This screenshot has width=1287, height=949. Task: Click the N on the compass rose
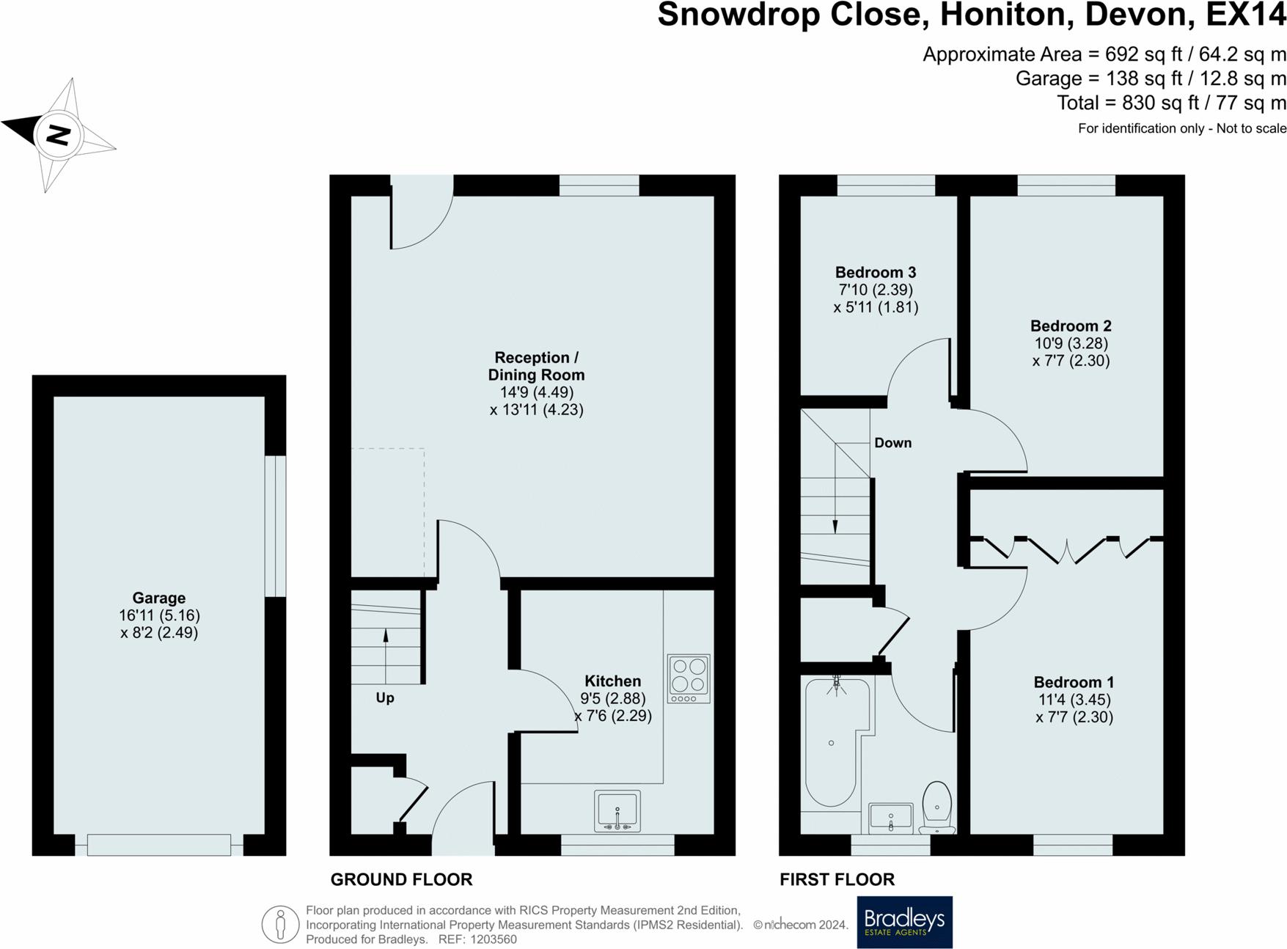coord(58,134)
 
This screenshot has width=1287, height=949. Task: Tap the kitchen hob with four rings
coord(689,678)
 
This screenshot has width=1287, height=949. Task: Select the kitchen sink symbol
coord(617,811)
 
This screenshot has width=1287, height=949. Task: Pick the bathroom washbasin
coord(891,817)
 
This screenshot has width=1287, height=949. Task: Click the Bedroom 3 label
coord(876,273)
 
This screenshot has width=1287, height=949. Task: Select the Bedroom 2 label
coord(1071,326)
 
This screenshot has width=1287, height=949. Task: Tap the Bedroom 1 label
coord(1074,683)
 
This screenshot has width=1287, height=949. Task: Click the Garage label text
coord(158,598)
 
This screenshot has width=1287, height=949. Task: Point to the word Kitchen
coord(612,681)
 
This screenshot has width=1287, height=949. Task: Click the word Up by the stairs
coord(385,698)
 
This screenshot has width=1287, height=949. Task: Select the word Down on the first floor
coord(892,443)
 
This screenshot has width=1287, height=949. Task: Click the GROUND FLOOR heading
coord(401,879)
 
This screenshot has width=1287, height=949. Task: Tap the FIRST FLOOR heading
coord(837,879)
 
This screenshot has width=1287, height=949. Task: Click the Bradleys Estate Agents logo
coord(904,922)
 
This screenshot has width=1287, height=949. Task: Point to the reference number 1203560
coord(494,939)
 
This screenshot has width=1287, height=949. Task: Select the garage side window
coord(275,526)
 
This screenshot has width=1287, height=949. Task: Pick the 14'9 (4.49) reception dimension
coord(537,392)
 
